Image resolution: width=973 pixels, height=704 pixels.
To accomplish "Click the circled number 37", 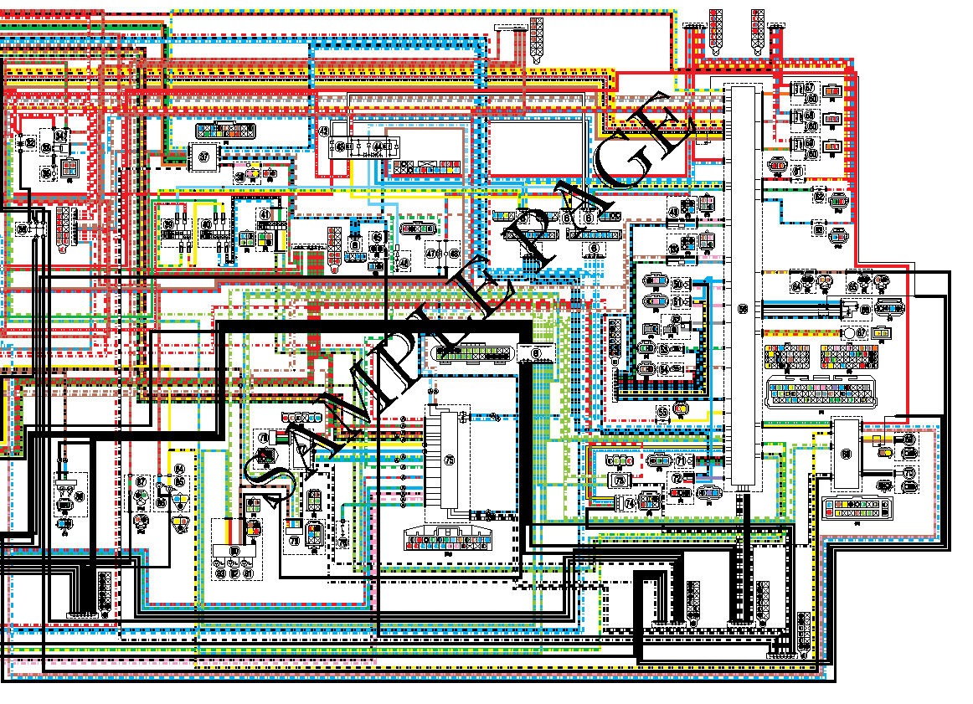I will [x=203, y=156].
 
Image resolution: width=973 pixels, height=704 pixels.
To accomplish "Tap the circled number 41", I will [x=265, y=215].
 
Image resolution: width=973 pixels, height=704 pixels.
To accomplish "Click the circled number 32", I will [x=32, y=144].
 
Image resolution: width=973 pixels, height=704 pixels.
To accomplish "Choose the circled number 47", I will [x=431, y=253].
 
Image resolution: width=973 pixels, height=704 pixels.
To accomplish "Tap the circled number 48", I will [x=404, y=262].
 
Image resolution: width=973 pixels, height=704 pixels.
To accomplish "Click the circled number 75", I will [x=449, y=460].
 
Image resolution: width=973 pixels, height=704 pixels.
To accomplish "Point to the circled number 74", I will [x=630, y=503].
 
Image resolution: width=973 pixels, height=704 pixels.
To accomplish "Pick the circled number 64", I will [x=797, y=286].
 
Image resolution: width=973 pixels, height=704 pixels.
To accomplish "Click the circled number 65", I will [x=852, y=286].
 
